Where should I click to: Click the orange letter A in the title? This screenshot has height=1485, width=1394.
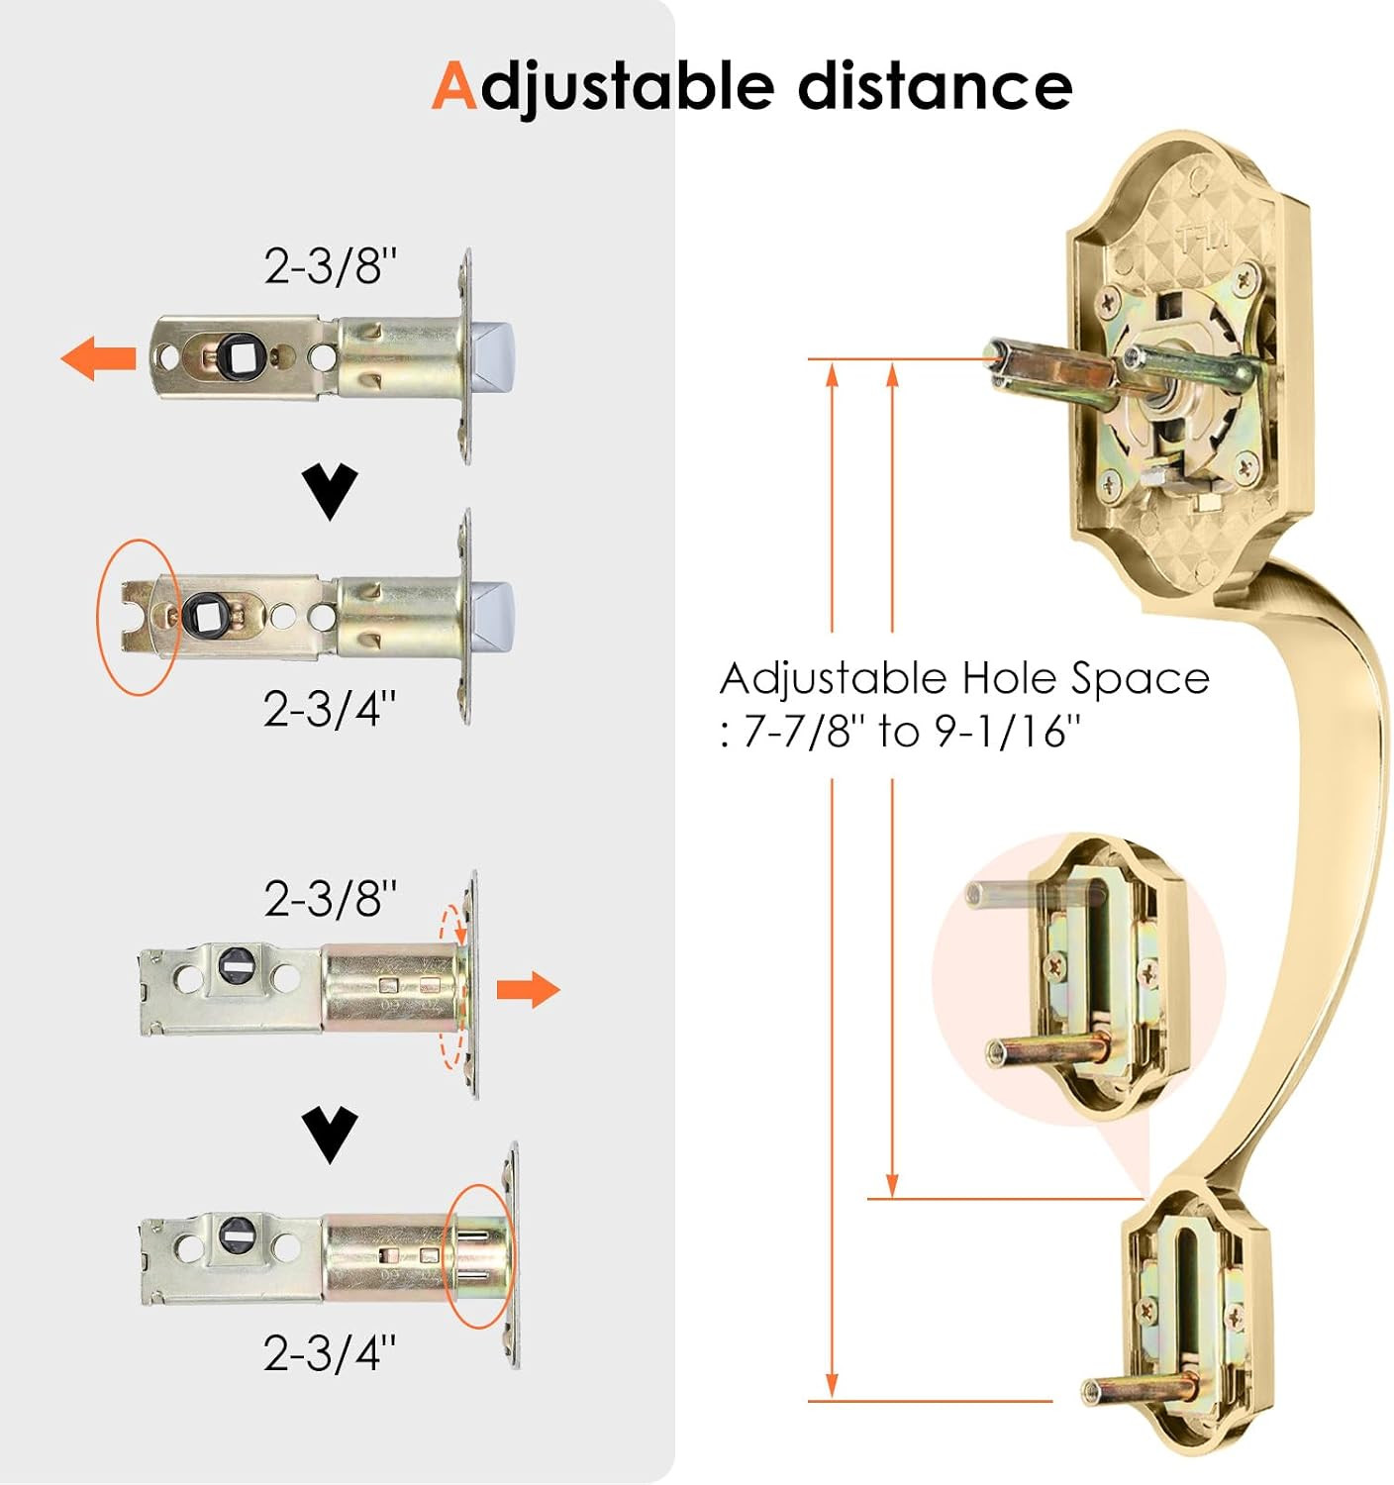coord(454,86)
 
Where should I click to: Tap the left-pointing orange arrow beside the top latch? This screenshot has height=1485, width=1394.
coord(98,358)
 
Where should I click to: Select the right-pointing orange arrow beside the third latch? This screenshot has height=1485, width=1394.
coord(528,989)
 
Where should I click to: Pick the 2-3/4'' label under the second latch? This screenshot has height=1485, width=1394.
coord(329,708)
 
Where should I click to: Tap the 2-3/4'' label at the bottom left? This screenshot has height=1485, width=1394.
coord(329,1373)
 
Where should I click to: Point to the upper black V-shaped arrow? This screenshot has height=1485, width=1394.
coord(330,491)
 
